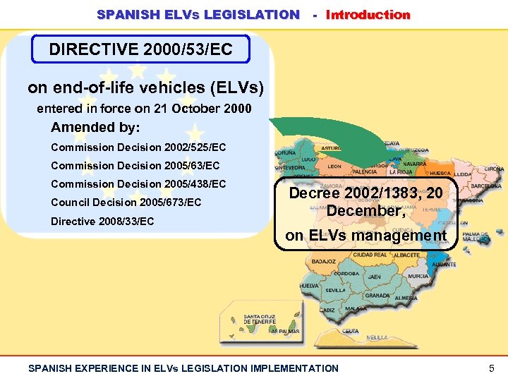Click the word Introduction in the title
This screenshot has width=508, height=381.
368,14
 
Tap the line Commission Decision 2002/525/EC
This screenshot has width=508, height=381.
138,147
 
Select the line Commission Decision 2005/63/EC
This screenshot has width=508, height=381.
135,166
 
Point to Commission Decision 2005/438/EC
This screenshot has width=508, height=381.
138,184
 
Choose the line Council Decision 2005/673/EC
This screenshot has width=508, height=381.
126,202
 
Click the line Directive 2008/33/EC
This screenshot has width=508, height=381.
102,222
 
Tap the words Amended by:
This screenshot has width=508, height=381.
95,128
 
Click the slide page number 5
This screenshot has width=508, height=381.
491,368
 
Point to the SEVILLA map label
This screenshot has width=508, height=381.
335,290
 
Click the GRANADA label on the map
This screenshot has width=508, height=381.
377,296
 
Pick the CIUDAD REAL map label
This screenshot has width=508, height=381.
370,255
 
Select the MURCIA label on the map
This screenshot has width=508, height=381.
418,276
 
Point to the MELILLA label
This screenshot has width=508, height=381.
377,338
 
